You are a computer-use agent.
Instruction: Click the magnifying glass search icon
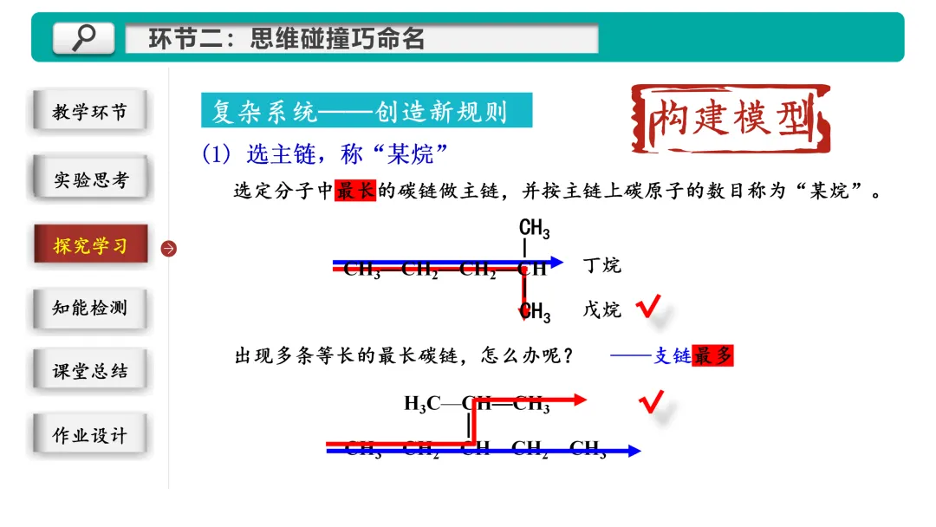[84, 37]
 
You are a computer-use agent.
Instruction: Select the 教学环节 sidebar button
[89, 112]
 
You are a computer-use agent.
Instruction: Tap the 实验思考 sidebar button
[89, 179]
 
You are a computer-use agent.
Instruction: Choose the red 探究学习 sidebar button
[90, 245]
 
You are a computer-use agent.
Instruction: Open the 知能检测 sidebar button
[89, 308]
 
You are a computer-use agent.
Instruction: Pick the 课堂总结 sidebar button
[89, 371]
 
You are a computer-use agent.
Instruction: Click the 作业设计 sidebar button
[89, 436]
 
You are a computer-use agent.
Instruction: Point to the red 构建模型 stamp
[731, 119]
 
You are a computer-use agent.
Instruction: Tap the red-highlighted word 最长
[355, 191]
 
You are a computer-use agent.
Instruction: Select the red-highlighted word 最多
[713, 355]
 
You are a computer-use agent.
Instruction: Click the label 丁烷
[601, 265]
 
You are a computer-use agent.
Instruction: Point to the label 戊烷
[601, 309]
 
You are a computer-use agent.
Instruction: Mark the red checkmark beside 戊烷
[649, 306]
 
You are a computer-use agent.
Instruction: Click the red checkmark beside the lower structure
[651, 401]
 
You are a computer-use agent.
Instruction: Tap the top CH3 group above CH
[534, 229]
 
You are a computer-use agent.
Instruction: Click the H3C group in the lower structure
[422, 404]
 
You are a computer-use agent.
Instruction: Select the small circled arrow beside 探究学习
[169, 249]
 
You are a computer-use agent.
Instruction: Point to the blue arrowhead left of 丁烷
[556, 262]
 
